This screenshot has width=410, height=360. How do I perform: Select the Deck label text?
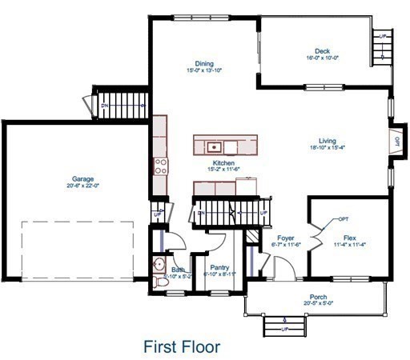pos(323,50)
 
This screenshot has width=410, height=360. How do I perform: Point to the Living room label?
pos(327,139)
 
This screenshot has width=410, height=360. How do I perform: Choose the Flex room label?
pos(350,238)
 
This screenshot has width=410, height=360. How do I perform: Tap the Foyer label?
pos(287,238)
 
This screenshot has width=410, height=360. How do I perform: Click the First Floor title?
pos(182,347)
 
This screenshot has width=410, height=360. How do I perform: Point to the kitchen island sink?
pos(214,146)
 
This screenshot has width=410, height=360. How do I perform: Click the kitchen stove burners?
pos(160,166)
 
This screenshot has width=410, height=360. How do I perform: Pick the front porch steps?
pos(284,326)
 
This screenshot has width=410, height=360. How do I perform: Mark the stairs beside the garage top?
pos(123,102)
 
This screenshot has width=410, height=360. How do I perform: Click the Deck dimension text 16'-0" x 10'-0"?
pos(323,58)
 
